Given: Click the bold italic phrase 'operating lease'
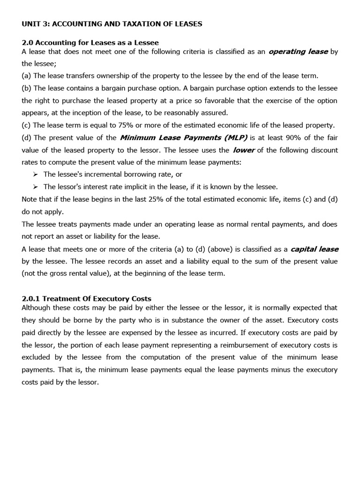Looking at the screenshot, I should point(298,52).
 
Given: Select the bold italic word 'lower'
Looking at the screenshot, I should point(244,150).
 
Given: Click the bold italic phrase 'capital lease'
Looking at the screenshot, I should point(314,249).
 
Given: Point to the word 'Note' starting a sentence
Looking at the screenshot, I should point(30,199).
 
